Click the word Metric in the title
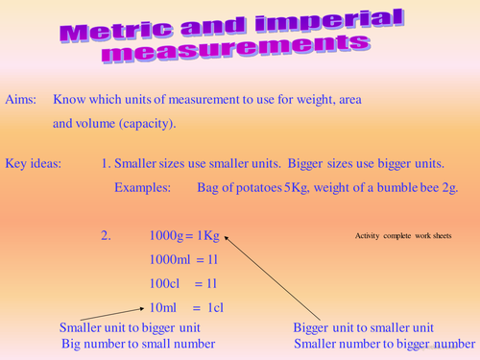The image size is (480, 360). (109, 27)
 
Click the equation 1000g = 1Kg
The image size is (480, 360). (185, 235)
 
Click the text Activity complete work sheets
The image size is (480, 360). (402, 236)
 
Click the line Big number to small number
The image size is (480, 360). (138, 343)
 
